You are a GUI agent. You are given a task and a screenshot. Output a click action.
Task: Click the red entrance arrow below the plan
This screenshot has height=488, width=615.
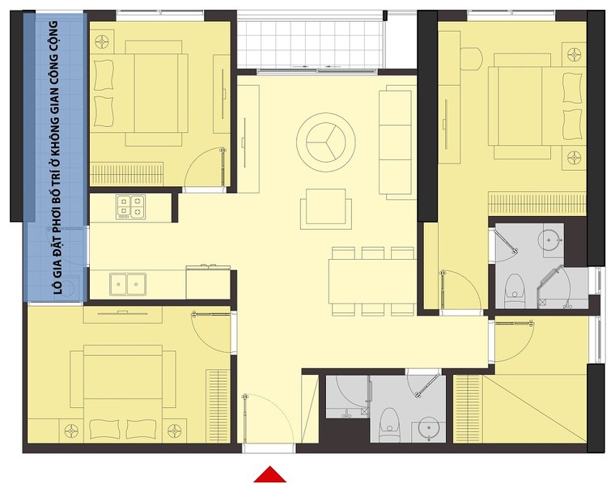point(269,475)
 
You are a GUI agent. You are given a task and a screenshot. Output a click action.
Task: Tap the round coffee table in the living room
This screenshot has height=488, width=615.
point(326,142)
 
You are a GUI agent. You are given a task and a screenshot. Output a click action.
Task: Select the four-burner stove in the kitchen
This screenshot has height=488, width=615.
point(130,206)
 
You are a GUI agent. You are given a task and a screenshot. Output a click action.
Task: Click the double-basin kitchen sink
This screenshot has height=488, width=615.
point(128,284)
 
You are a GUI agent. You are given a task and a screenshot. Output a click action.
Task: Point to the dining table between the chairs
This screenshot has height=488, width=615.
point(372,281)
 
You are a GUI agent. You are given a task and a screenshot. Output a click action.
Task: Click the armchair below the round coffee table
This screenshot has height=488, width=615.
point(325,209)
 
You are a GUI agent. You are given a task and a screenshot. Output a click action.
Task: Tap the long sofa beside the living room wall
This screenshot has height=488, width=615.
point(397,142)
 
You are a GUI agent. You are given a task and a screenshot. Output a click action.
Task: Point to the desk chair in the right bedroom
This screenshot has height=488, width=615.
point(471,58)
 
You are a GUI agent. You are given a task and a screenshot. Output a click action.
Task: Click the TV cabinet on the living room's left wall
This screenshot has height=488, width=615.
point(248,139)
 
